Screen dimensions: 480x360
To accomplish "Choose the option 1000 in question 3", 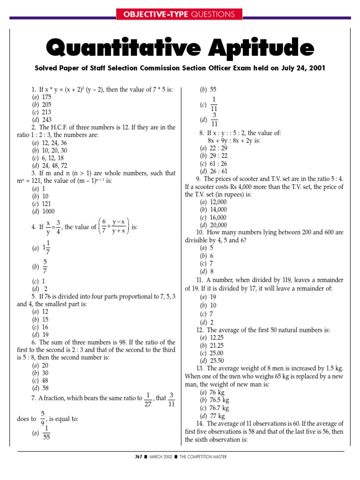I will (x=48, y=211).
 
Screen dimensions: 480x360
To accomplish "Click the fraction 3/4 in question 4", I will (x=58, y=227).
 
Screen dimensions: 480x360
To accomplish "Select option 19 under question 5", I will (x=45, y=335).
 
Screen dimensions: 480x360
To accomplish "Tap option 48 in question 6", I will (x=45, y=381).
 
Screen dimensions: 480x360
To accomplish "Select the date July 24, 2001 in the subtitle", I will (x=294, y=68).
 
